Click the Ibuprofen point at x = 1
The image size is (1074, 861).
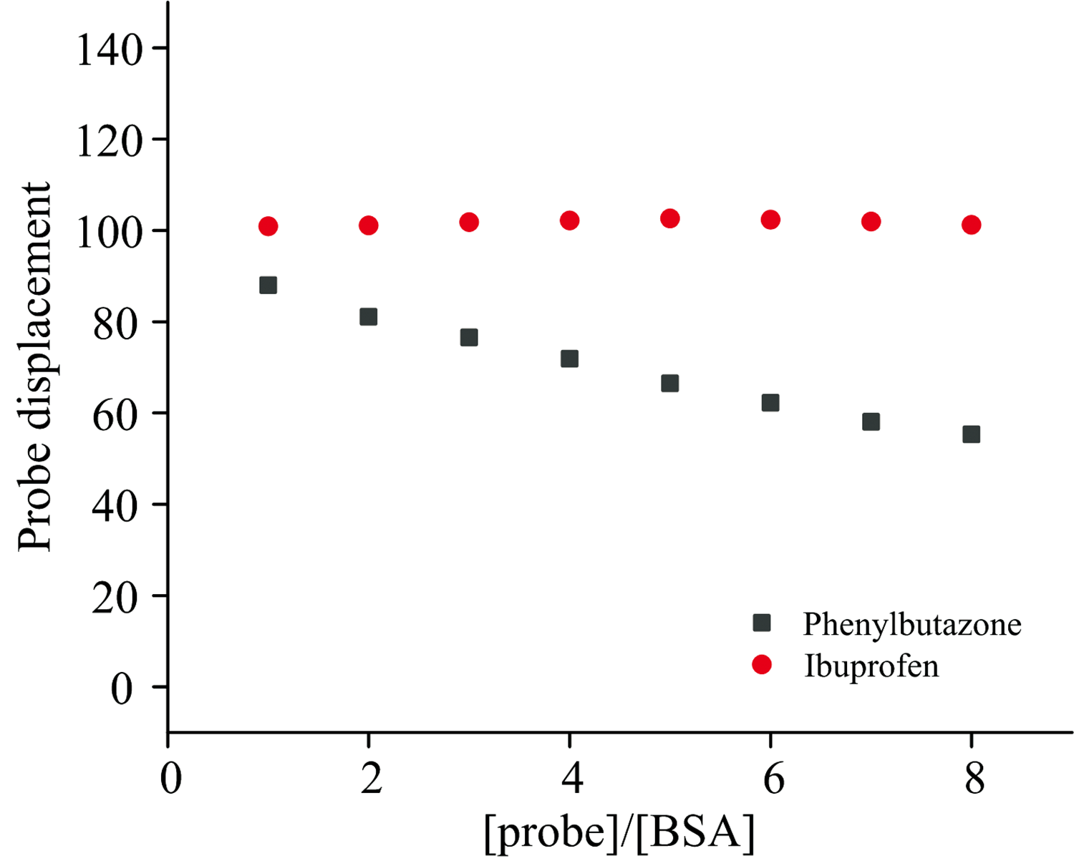point(268,226)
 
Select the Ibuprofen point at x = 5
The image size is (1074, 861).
point(669,218)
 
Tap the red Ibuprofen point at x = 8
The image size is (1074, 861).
point(971,225)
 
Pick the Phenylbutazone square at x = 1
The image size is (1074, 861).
point(268,285)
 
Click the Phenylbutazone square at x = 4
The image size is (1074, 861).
point(569,359)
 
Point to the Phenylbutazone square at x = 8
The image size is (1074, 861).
point(971,434)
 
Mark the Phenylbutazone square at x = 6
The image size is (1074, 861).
point(770,402)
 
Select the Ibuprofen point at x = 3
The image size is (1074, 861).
point(469,222)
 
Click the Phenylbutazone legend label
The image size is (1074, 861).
point(911,624)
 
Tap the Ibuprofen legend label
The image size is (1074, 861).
point(871,666)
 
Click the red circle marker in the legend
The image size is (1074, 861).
point(762,666)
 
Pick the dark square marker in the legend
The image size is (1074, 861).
point(762,623)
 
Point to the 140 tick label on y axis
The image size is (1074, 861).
point(110,52)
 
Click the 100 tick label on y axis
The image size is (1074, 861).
point(110,234)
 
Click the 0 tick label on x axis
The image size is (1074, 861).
point(170,778)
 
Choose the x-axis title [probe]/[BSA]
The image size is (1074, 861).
point(619,833)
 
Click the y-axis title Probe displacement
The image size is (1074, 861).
point(36,366)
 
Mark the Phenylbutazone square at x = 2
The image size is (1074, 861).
point(368,316)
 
